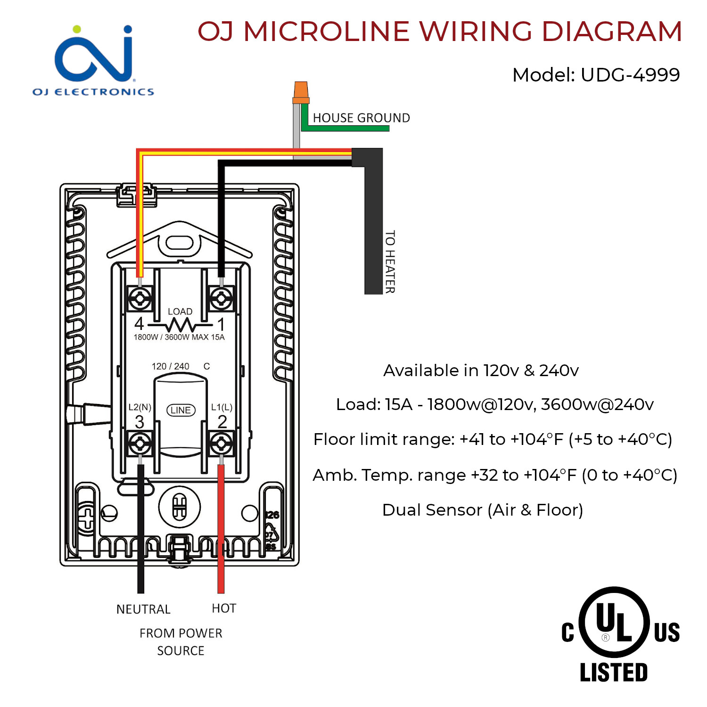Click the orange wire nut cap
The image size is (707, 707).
(301, 92)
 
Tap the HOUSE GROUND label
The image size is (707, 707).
(361, 118)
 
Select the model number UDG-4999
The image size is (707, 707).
(630, 75)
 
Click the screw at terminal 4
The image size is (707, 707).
(140, 299)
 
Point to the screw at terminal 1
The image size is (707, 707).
(221, 299)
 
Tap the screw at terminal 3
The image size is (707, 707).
(140, 444)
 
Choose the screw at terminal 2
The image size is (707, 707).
(221, 444)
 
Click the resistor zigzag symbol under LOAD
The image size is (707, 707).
(180, 325)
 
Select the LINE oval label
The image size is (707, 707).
(181, 410)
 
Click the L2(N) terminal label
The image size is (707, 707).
(140, 407)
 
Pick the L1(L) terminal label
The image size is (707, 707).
(222, 407)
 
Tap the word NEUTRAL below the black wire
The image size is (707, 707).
(143, 609)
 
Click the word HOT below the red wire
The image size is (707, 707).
(224, 608)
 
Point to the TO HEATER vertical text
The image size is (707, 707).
(390, 262)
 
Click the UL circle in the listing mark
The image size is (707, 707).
(614, 622)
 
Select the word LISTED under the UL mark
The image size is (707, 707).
(614, 673)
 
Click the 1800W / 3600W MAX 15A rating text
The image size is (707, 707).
(179, 337)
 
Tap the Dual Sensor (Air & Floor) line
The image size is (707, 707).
(483, 510)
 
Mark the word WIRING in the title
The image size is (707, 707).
(476, 32)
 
